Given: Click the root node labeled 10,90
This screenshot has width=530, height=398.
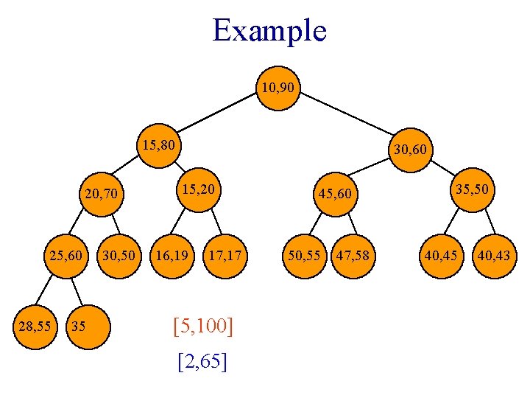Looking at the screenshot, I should click(x=278, y=88).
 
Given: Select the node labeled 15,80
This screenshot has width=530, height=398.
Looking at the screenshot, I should click(x=158, y=145).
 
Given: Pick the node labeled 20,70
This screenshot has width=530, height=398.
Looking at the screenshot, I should click(x=101, y=195).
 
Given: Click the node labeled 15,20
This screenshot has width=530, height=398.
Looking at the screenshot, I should click(x=199, y=189).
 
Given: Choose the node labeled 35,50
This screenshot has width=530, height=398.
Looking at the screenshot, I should click(x=470, y=189).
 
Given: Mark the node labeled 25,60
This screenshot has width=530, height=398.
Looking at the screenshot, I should click(x=66, y=256).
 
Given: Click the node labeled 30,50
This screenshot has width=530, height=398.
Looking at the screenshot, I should click(x=119, y=256).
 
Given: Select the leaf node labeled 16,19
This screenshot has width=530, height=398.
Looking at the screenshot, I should click(x=171, y=256).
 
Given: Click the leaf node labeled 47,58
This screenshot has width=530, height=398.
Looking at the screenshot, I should click(x=353, y=256).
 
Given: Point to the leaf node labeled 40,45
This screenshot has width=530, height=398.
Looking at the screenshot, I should click(x=439, y=256).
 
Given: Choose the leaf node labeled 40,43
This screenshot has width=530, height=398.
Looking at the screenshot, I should click(x=493, y=256).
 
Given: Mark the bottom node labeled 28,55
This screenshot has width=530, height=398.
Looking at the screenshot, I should click(x=35, y=324).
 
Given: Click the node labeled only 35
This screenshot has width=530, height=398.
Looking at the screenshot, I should click(x=88, y=324).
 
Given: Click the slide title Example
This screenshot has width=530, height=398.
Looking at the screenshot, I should click(x=269, y=31).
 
